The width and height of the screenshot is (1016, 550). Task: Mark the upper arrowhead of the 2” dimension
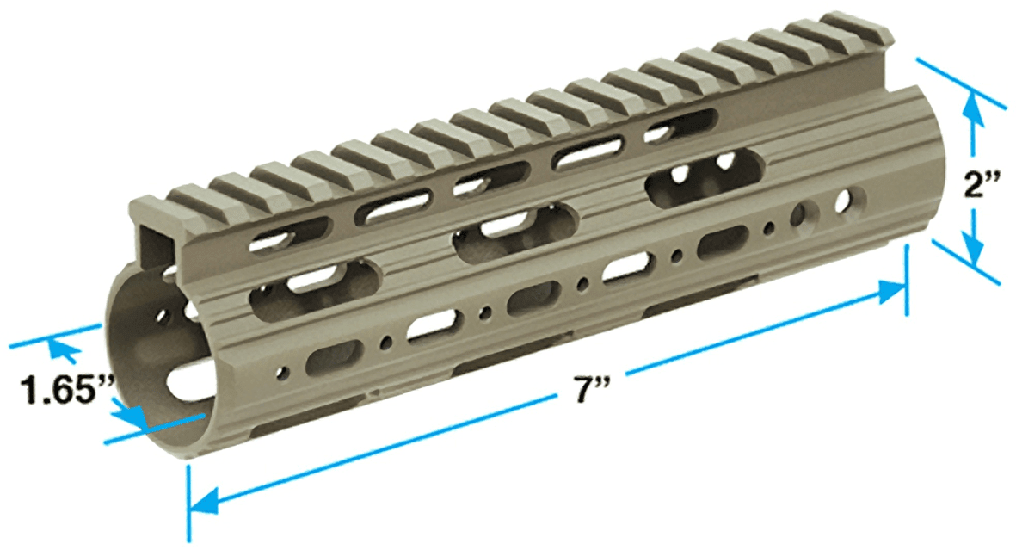click(972, 105)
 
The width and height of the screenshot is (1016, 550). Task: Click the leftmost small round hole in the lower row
click(280, 373)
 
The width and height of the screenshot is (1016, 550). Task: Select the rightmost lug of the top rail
click(847, 26)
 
